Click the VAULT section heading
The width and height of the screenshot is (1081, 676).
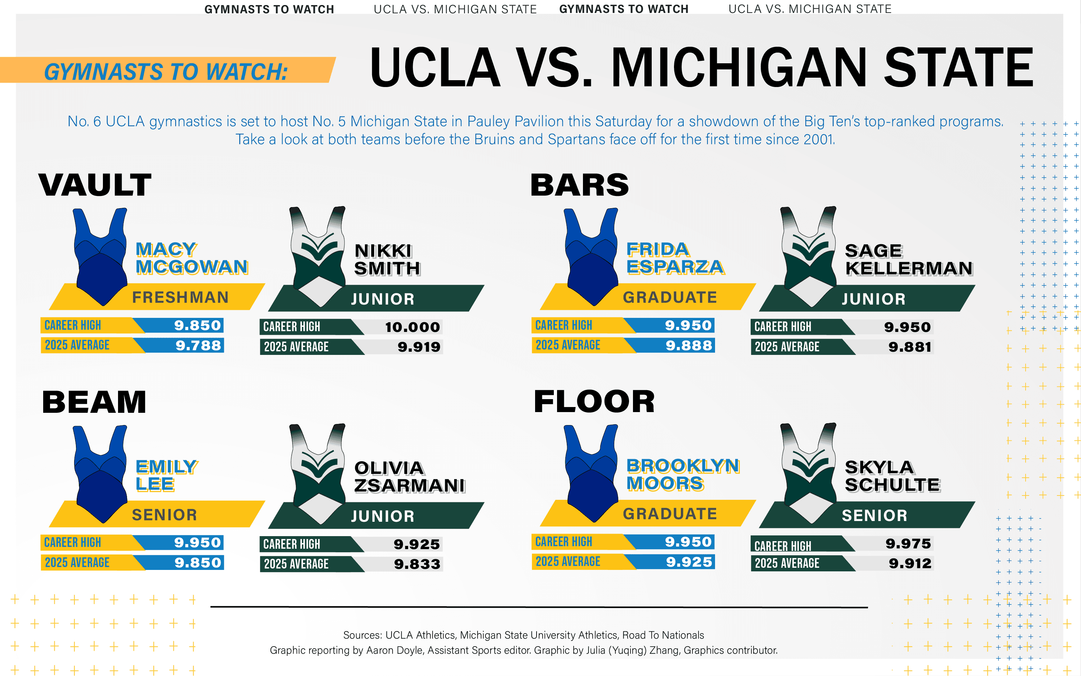[95, 185]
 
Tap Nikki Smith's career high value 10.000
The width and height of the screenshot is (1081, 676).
[412, 327]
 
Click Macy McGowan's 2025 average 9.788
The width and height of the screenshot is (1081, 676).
[198, 345]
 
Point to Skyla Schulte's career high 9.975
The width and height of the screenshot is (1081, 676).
[908, 544]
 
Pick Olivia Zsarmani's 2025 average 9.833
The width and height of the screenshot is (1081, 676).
[417, 564]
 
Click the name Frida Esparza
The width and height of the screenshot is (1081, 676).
[674, 257]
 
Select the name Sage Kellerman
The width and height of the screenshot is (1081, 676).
[908, 259]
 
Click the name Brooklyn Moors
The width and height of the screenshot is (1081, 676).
[682, 474]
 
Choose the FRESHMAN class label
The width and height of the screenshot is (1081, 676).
[180, 297]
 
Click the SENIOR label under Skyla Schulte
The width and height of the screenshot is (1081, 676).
[874, 516]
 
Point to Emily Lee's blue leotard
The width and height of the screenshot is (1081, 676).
[101, 474]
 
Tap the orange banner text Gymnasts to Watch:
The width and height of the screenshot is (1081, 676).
[166, 72]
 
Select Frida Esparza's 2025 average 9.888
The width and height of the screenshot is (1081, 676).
[689, 345]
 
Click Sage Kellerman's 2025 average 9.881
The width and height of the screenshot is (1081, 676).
[910, 347]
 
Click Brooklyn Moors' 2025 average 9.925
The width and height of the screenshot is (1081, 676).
[689, 562]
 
